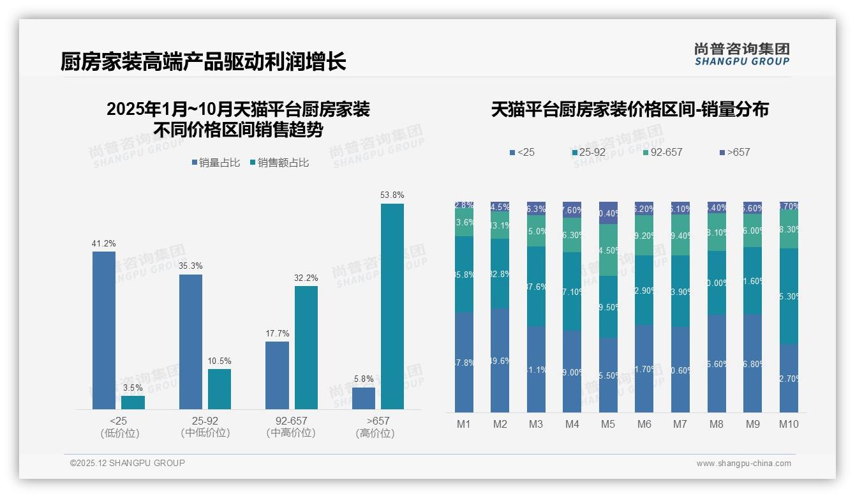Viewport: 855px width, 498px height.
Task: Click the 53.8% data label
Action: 392,195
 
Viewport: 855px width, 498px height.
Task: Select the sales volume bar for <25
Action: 104,330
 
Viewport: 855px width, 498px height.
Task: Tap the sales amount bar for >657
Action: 392,306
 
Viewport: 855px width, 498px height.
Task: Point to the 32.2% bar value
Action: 306,278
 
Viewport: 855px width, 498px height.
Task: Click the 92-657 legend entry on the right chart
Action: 663,153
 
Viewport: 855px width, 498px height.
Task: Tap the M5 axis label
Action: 608,424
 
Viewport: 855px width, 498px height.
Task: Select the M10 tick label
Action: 789,424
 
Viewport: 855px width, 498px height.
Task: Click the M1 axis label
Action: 464,424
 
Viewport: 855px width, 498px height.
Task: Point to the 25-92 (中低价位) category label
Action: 205,426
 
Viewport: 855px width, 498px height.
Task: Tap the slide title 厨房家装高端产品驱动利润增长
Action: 204,62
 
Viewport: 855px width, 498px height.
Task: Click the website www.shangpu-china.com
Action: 743,464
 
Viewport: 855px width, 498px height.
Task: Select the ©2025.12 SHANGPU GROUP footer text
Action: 128,463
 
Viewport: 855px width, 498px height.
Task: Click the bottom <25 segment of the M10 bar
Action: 789,378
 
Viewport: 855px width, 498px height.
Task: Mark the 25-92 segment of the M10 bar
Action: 789,296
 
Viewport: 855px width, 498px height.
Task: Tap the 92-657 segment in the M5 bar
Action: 608,250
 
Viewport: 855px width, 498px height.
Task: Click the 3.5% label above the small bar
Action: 133,388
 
